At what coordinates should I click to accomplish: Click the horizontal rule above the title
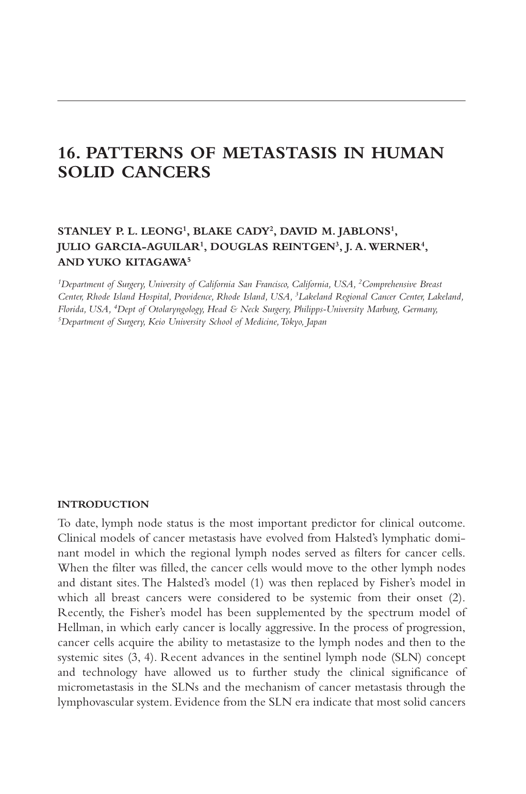[261, 101]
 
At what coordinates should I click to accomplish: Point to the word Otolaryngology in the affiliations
[177, 309]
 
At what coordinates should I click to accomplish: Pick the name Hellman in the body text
[75, 627]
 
